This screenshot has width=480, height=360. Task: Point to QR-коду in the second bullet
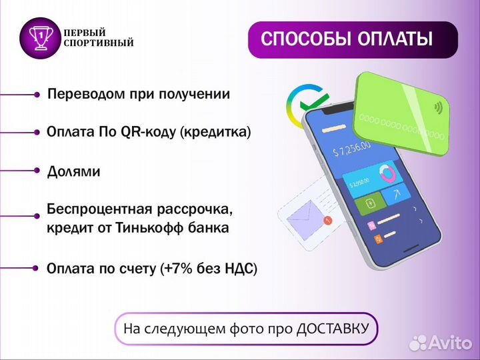pos(149,133)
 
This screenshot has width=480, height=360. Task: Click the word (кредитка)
pos(216,133)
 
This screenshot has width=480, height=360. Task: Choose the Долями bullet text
pos(73,171)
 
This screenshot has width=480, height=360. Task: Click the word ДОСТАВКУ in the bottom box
pos(333,329)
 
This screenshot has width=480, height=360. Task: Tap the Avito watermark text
pos(449,342)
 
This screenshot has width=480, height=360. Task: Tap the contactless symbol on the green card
pos(438,107)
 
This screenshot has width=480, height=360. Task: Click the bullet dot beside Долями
pos(37,171)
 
